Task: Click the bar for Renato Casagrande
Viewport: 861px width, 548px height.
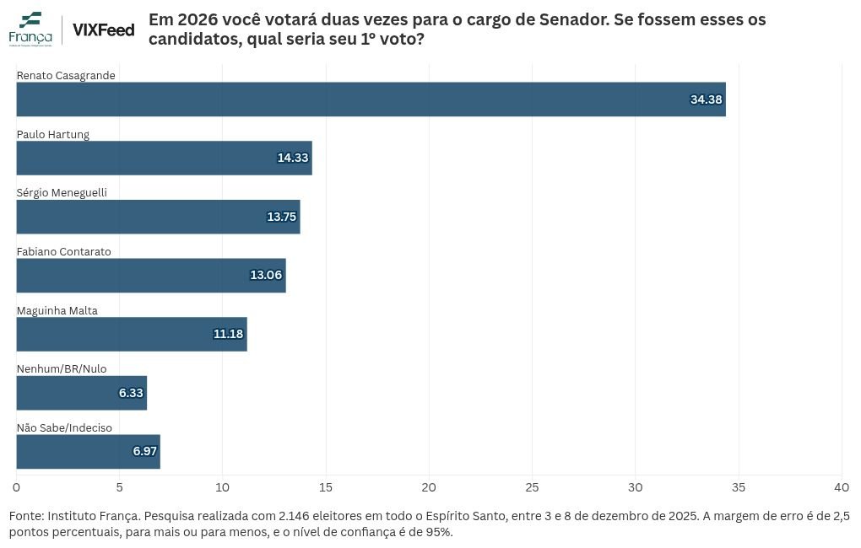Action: point(371,99)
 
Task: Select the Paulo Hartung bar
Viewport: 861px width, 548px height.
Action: point(165,158)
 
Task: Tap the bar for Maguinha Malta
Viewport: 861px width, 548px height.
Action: point(132,334)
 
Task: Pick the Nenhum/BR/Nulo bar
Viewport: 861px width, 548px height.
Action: point(82,393)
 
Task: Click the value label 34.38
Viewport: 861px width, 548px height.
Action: point(707,99)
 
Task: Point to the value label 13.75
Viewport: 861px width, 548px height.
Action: point(282,217)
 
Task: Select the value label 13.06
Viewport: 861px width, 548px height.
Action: point(266,275)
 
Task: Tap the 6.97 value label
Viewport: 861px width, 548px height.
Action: point(145,451)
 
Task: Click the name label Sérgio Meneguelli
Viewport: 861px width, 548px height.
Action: point(62,192)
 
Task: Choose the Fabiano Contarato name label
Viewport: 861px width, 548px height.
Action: point(63,251)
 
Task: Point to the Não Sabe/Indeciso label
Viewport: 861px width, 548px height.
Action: point(64,428)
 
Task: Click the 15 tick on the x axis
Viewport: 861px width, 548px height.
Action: point(326,487)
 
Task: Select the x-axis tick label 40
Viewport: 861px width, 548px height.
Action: point(842,487)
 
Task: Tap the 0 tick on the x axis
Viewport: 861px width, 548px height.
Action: point(17,487)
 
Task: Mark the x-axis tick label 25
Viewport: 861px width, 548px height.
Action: point(532,487)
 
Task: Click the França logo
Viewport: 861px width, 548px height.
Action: point(30,29)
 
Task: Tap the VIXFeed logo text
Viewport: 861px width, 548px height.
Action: point(104,30)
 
